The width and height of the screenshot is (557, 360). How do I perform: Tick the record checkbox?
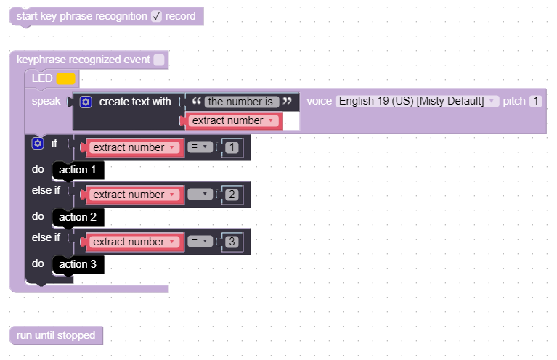(156, 16)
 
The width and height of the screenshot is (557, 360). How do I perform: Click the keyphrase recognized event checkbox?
(159, 60)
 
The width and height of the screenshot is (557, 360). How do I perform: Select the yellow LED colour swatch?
(65, 78)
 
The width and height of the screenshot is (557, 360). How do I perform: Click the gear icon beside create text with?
(86, 102)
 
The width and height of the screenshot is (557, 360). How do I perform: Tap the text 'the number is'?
(242, 102)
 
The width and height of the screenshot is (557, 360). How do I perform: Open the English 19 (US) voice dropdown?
(417, 101)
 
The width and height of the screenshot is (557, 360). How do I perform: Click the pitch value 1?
(536, 101)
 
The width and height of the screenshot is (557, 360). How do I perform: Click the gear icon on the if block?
(38, 143)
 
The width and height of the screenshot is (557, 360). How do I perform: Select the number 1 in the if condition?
(232, 147)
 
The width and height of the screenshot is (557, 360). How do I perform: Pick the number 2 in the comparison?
(232, 195)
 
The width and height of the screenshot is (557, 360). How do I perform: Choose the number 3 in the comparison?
(232, 242)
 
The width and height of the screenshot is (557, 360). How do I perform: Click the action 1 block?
(78, 171)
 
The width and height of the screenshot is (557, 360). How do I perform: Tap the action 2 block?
(78, 217)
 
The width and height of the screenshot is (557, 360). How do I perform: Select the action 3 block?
(78, 264)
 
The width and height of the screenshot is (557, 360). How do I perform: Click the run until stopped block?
(56, 335)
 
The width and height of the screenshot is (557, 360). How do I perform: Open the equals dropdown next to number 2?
(199, 195)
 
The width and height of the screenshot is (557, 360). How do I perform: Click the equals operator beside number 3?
(199, 242)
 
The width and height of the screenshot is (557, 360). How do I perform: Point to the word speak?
(46, 101)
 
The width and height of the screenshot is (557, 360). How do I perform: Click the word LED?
(42, 78)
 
